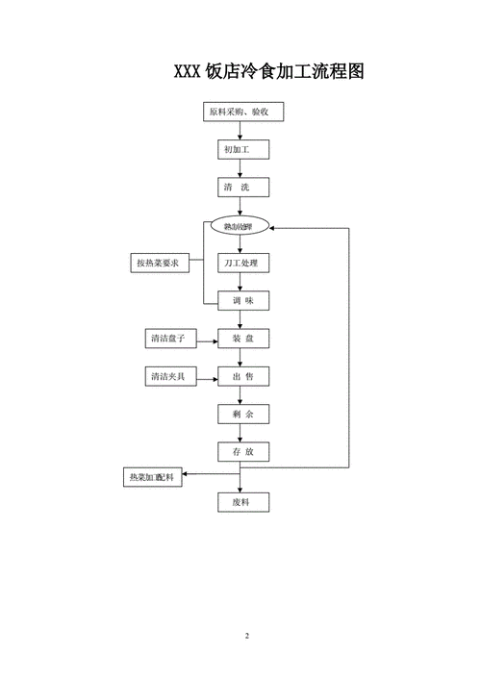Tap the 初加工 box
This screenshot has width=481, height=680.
(x=242, y=150)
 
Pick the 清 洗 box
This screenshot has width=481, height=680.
(x=242, y=188)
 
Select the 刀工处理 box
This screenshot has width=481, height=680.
(x=242, y=263)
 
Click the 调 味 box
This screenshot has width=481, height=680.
(x=242, y=300)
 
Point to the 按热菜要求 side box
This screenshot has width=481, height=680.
(x=159, y=263)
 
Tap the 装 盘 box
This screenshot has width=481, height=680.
(x=242, y=339)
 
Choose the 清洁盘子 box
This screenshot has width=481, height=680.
(x=168, y=339)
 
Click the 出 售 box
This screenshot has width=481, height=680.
(x=242, y=376)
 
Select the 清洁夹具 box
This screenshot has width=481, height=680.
(x=168, y=376)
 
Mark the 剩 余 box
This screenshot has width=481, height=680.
(x=242, y=414)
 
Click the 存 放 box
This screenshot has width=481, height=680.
(x=242, y=451)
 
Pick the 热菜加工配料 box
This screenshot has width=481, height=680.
(x=154, y=476)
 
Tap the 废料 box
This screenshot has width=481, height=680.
(x=242, y=502)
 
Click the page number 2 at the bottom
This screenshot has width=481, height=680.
(x=247, y=636)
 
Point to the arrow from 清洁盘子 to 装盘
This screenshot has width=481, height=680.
(x=207, y=339)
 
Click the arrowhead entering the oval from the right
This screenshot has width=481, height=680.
(x=275, y=227)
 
